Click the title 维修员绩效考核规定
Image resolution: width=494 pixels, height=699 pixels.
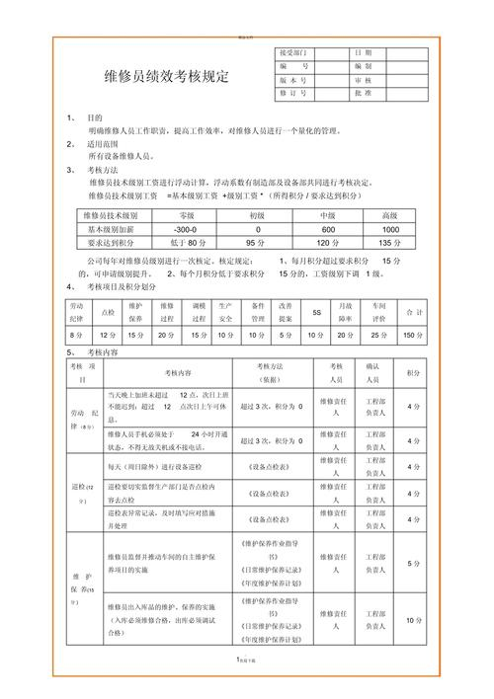[x=165, y=75]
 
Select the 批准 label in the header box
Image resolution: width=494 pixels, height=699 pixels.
[x=362, y=93]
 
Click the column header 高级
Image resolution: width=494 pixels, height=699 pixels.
[x=390, y=214]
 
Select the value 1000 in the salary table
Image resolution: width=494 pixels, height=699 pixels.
[x=390, y=228]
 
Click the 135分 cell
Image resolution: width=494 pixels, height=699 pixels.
[x=390, y=242]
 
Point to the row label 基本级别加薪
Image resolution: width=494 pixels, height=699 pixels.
[x=111, y=228]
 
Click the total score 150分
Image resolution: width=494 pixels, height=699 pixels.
[x=414, y=336]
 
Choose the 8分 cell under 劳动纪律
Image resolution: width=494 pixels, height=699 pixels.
[x=75, y=336]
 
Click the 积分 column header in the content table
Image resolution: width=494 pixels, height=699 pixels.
[x=414, y=372]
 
